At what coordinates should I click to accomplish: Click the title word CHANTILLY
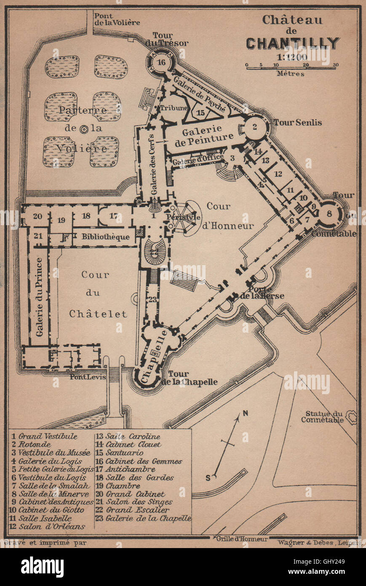[x=293, y=43]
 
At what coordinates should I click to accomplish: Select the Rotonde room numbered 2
[x=254, y=126]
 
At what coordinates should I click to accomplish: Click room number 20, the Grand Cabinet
[x=37, y=217]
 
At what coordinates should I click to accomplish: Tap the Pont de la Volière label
[x=117, y=19]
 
